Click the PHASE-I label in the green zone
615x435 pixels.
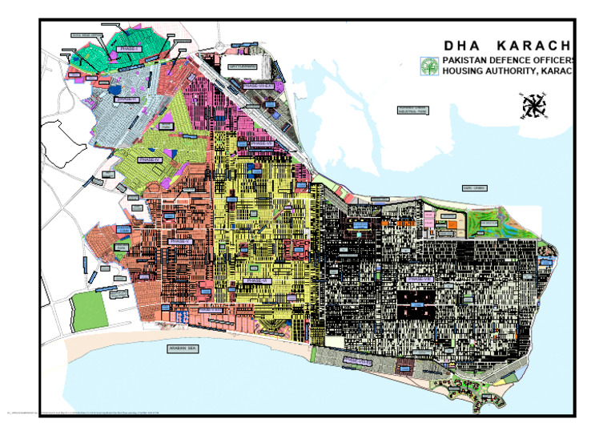click(128, 49)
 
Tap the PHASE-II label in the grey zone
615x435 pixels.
click(127, 100)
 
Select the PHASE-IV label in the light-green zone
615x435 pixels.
click(150, 159)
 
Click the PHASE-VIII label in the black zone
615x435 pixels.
click(420, 279)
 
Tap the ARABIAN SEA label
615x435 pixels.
click(183, 349)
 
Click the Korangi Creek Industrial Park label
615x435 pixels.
click(413, 111)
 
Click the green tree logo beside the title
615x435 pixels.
click(430, 67)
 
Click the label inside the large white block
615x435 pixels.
click(243, 66)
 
